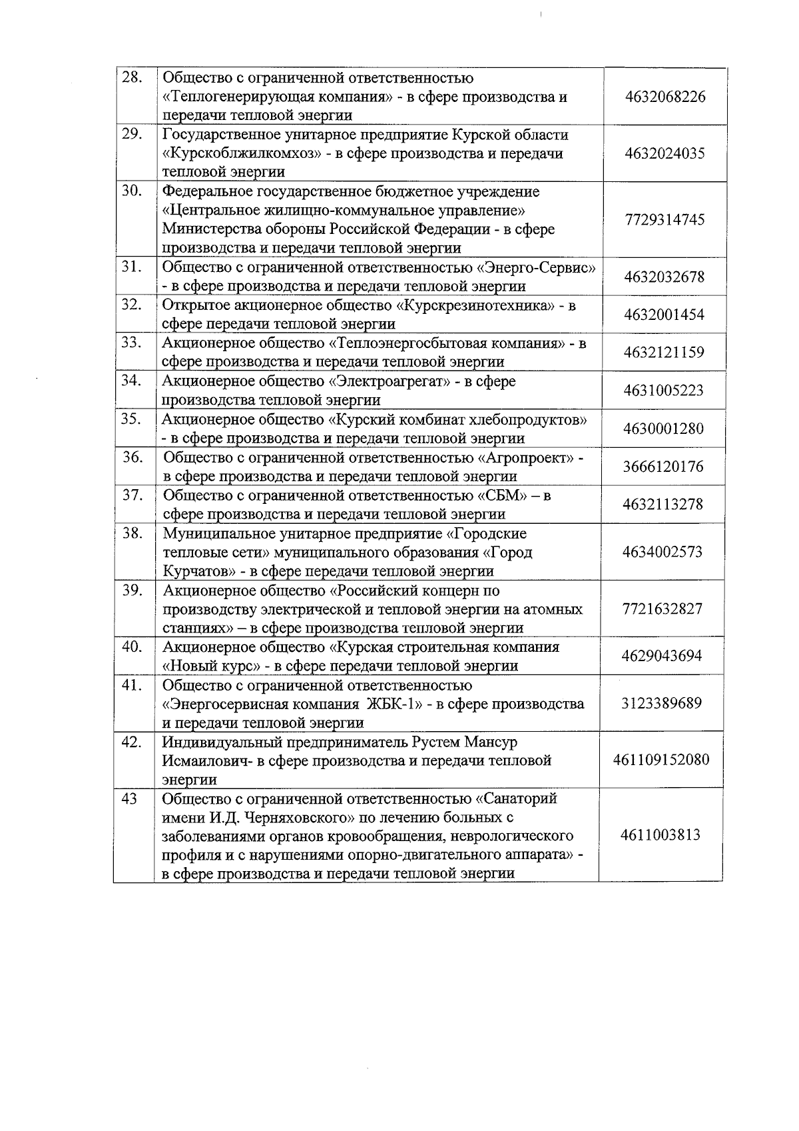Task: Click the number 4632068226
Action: coord(665,97)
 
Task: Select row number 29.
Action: coord(132,134)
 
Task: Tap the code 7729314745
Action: coord(665,220)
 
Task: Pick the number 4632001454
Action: coord(664,315)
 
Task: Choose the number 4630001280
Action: coord(663,429)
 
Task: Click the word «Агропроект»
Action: coord(527,458)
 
